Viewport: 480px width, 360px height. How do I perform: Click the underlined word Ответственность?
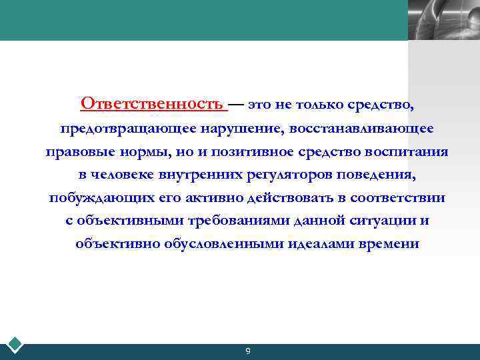tap(151, 104)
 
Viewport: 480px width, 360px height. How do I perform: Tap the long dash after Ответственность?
tap(237, 104)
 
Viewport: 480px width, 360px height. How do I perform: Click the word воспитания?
tap(407, 151)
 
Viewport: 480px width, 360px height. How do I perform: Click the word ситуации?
tap(377, 221)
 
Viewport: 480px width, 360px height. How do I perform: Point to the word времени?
tap(389, 244)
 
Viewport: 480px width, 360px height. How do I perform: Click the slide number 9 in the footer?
tap(247, 351)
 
